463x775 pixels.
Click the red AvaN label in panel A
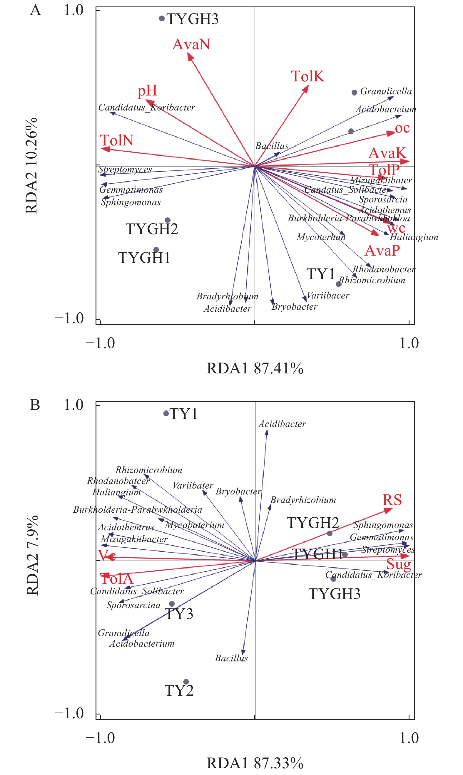[x=191, y=44]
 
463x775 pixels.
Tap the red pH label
[x=147, y=91]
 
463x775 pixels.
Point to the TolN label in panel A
[x=117, y=141]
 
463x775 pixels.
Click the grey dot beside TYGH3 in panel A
[x=162, y=19]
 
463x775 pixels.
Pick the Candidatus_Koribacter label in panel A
[x=147, y=108]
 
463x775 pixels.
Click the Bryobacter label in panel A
[x=295, y=307]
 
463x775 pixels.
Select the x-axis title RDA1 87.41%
[x=255, y=368]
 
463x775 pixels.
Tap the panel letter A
[x=35, y=10]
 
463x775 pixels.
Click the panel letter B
[x=35, y=405]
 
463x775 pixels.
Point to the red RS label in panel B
[x=392, y=500]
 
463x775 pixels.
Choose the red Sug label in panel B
[x=398, y=564]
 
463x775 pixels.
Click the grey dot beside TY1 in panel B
[x=166, y=413]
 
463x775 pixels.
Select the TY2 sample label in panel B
[x=179, y=690]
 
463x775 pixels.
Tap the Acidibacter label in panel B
[x=282, y=424]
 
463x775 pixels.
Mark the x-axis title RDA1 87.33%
[x=255, y=763]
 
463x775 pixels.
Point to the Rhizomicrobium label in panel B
[x=149, y=470]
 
